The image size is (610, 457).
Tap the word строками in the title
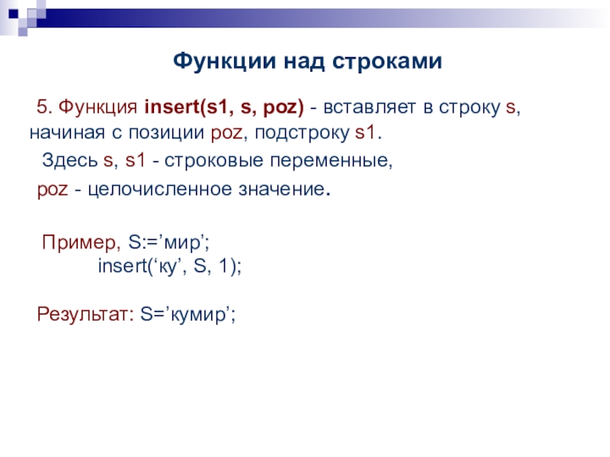[387, 62]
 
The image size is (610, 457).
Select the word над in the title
[303, 62]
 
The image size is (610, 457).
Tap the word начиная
[67, 133]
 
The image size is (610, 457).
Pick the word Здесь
[69, 160]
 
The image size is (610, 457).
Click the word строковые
[213, 161]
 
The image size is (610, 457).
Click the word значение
[281, 189]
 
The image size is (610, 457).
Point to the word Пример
[79, 243]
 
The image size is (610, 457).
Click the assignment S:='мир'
[168, 243]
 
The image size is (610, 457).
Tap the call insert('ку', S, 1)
[169, 267]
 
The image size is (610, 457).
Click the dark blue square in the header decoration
[14, 14]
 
